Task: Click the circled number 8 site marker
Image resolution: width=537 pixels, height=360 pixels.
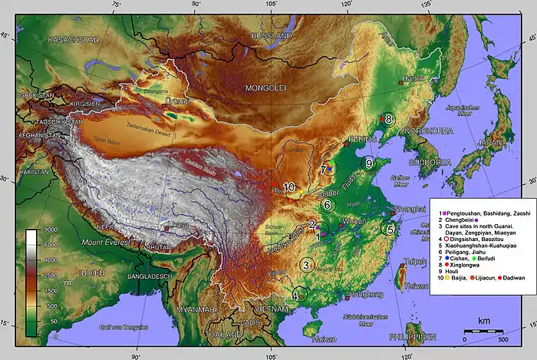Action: (x=389, y=119)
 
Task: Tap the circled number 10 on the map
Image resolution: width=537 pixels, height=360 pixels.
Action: (x=289, y=187)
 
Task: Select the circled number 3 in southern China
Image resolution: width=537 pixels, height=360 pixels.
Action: (x=306, y=265)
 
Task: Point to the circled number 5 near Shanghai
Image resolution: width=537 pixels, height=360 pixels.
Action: (x=390, y=229)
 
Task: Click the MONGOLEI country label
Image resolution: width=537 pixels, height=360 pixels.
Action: (x=265, y=88)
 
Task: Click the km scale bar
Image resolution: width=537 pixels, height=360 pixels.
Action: (x=483, y=330)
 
